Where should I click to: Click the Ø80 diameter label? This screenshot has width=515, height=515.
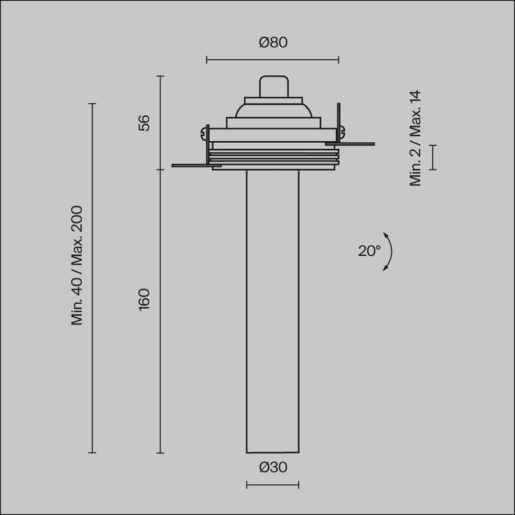(x=272, y=43)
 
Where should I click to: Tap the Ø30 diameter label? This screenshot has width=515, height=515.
(x=272, y=467)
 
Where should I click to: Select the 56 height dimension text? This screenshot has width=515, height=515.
(x=144, y=123)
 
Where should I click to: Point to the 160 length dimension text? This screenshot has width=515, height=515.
(x=144, y=298)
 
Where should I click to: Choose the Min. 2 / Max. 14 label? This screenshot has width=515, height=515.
(x=416, y=138)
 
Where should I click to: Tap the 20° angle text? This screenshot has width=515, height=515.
(x=369, y=251)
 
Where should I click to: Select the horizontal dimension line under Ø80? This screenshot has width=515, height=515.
(x=272, y=60)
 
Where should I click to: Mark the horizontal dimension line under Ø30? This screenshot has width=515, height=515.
(x=272, y=485)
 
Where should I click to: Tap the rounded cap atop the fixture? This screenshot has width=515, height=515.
(x=272, y=87)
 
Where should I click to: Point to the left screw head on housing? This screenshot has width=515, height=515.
(x=202, y=133)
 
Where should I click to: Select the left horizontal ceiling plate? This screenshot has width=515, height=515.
(x=191, y=165)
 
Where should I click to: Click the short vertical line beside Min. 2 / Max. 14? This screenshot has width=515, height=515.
(x=433, y=157)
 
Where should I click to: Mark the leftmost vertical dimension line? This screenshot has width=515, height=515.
(x=93, y=278)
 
